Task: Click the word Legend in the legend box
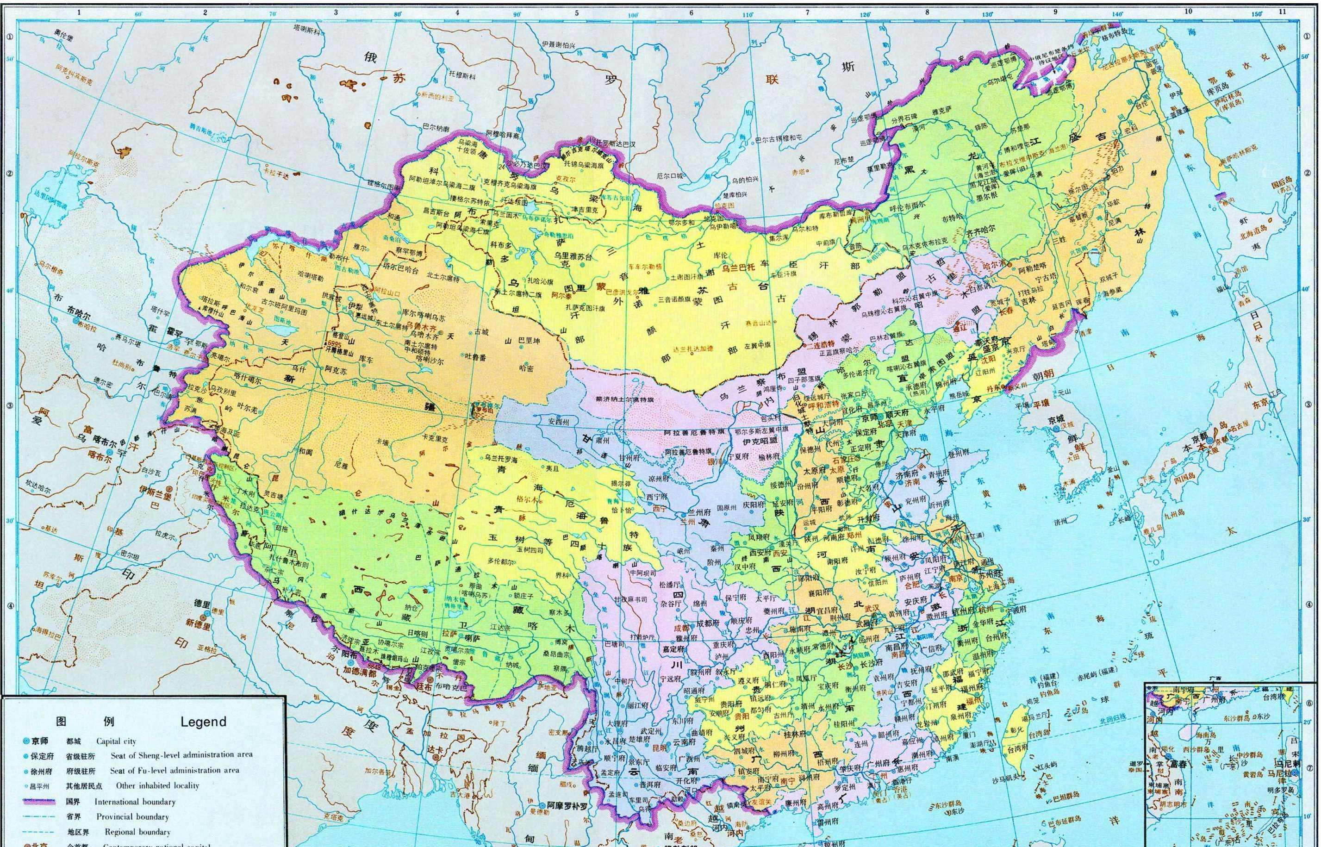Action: click(203, 722)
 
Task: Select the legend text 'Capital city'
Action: click(116, 741)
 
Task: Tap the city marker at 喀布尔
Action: click(109, 452)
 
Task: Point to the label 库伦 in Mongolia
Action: click(721, 256)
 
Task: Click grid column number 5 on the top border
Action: click(577, 12)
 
